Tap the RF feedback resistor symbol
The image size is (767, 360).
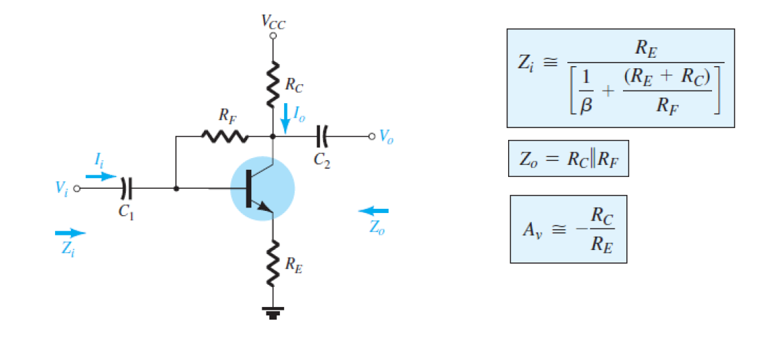tap(224, 136)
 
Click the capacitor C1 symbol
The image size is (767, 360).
tap(125, 188)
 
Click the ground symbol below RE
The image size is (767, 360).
tap(273, 313)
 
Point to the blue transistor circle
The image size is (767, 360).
tap(263, 189)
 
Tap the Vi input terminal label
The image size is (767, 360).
tap(63, 188)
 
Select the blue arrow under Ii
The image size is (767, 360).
tap(102, 176)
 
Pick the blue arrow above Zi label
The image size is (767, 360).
tap(70, 233)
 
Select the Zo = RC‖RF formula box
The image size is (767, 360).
tap(569, 159)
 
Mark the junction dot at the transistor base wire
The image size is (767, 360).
tap(176, 188)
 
